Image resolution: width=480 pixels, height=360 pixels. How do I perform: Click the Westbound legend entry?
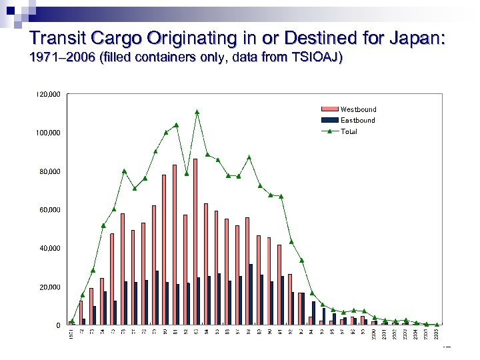click(358, 109)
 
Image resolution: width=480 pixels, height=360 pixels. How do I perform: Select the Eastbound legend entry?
click(357, 120)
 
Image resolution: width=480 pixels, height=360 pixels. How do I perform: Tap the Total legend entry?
click(349, 131)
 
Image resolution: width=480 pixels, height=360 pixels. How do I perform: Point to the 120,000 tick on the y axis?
click(47, 95)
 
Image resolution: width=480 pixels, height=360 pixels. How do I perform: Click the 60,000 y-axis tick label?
click(49, 210)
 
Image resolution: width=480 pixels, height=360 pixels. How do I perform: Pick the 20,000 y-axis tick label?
click(49, 287)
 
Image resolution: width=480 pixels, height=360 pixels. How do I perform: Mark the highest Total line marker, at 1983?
click(197, 112)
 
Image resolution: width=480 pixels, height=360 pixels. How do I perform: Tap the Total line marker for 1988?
click(249, 157)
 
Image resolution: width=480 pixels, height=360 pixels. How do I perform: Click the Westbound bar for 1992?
click(289, 299)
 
